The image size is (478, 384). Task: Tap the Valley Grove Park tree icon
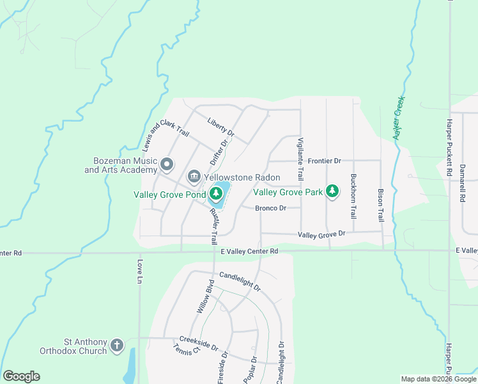332,191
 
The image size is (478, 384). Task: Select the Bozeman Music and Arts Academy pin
167,165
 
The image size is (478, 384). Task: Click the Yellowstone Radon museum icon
193,177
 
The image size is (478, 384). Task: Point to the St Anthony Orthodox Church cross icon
117,346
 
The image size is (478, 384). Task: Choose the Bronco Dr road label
270,208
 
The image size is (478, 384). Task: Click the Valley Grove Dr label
321,235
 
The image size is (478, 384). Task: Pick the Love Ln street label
139,271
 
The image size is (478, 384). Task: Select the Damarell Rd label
461,183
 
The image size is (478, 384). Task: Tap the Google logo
21,376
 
